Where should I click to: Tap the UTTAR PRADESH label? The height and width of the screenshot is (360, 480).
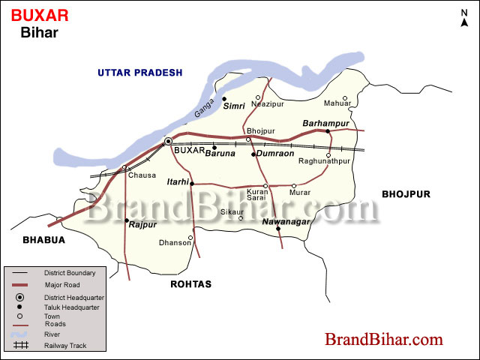coord(139,72)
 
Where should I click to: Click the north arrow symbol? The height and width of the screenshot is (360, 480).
coord(464,18)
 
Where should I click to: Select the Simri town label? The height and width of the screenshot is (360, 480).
coord(234,107)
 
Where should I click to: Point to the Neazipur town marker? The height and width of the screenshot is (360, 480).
coord(258,97)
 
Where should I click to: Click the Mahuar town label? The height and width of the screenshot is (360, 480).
coord(337,103)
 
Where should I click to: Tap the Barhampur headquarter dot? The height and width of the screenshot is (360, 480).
coord(328,131)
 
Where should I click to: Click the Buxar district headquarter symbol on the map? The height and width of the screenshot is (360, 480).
coord(169,141)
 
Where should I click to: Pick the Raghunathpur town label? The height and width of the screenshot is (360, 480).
coord(324,161)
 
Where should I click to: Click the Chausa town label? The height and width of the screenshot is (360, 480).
coord(142,175)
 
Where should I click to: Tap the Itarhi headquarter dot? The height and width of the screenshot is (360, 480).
coord(192,183)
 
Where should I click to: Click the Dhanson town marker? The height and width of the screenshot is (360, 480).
coord(190,238)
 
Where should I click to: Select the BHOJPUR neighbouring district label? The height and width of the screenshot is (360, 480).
coord(406,193)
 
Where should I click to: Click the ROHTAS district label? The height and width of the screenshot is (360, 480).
coord(191,284)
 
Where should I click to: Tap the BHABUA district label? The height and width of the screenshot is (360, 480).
coord(43,240)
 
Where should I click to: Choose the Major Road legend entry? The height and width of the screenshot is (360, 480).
coord(61,285)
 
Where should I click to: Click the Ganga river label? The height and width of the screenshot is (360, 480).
coord(204,108)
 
